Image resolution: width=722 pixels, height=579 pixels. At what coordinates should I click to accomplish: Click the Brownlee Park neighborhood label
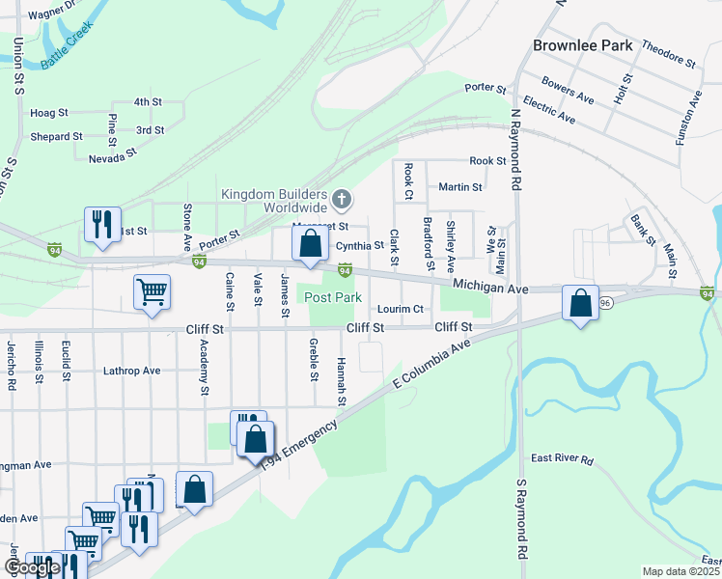point(583,45)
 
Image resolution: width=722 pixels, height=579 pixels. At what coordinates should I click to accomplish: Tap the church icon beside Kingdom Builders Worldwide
point(341,200)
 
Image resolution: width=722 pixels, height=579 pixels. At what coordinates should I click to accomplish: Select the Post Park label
point(333,297)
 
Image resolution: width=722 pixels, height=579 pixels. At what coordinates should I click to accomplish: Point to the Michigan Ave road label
point(490,289)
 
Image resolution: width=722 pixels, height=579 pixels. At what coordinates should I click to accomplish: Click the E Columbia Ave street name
point(430,365)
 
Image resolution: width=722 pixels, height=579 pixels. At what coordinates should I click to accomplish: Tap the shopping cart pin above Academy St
point(153,291)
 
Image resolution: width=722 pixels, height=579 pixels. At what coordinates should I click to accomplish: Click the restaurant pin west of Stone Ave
point(101,225)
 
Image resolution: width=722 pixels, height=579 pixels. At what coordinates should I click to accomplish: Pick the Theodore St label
point(668,53)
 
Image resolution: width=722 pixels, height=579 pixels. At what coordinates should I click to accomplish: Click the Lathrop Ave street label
point(131,371)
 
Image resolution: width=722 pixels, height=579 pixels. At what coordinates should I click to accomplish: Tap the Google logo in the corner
point(31,567)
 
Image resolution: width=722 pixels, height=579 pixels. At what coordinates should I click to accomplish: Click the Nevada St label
point(113,156)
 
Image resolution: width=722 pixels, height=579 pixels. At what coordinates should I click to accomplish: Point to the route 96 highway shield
point(605,302)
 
